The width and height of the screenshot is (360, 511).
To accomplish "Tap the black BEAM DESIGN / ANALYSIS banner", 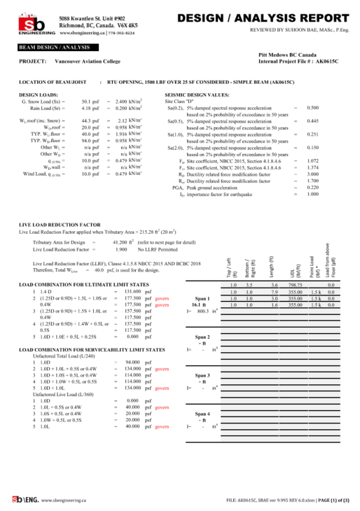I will pyautogui.click(x=49, y=47).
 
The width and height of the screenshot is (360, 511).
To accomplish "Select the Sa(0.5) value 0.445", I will pyautogui.click(x=312, y=121).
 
